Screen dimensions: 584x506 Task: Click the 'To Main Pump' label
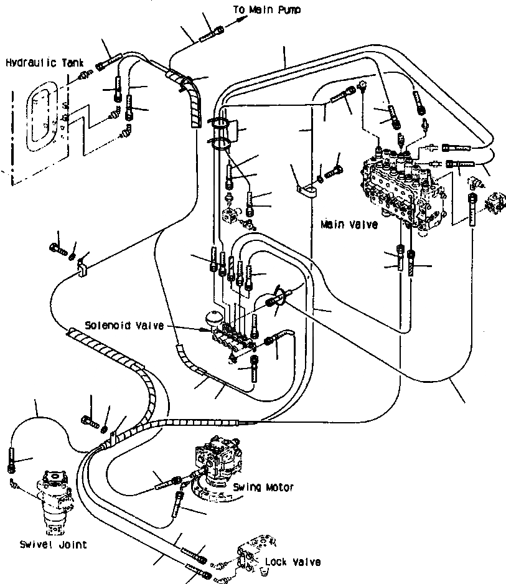(265, 10)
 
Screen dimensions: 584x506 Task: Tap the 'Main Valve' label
(349, 224)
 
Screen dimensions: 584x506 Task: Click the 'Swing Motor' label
(264, 487)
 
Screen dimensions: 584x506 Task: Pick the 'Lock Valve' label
(293, 562)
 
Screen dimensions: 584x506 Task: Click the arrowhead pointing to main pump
(240, 21)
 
